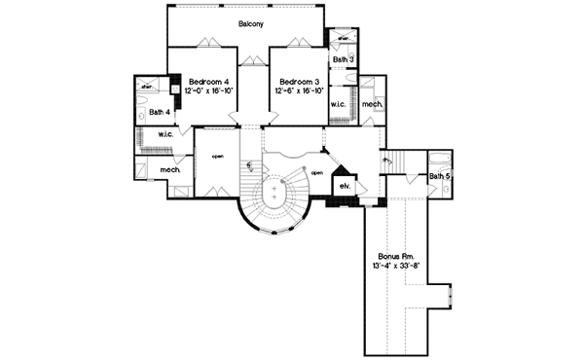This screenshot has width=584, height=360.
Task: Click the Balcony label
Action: [252, 21]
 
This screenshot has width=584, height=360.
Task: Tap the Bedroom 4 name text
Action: [207, 81]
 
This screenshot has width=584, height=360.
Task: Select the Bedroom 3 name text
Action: [299, 81]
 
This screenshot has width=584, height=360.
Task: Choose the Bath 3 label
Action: [343, 59]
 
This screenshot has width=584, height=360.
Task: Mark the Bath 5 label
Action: [440, 176]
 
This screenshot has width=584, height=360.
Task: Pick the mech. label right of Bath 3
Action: [371, 104]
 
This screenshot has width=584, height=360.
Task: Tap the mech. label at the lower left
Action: [171, 170]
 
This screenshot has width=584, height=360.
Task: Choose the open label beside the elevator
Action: [316, 174]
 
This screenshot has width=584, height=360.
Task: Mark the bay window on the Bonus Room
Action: [449, 294]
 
